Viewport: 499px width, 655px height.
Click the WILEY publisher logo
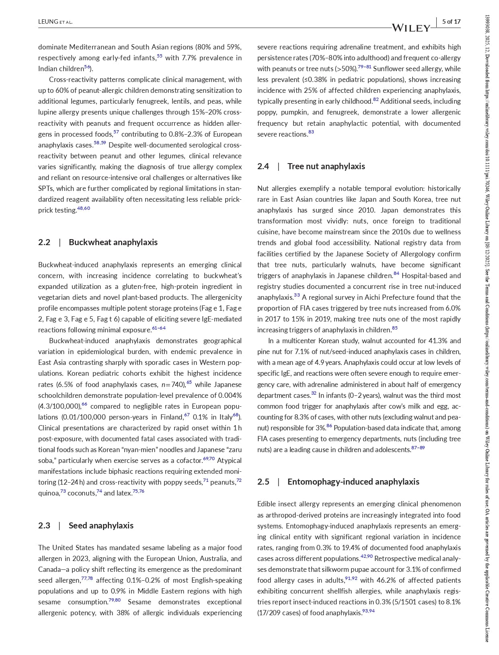coord(411,28)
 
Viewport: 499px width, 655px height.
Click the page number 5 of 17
coord(451,22)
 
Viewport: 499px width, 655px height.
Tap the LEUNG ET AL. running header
coord(55,22)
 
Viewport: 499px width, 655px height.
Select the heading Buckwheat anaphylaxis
coord(113,242)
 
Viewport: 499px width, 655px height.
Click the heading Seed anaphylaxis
coord(101,526)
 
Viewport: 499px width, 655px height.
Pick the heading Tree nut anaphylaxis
coord(326,166)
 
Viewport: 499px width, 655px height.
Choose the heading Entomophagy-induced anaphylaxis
coord(353,482)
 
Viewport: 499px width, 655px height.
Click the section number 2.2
coord(44,242)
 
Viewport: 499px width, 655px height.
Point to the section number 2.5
coord(263,482)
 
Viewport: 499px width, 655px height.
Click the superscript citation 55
coord(160,56)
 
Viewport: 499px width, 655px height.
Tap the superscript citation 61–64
coord(159,328)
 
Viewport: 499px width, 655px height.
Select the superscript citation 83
coord(311,132)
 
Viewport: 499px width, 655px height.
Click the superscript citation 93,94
coord(368,611)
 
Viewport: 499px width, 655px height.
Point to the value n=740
coord(173,385)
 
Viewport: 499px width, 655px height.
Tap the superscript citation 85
coord(394,328)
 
